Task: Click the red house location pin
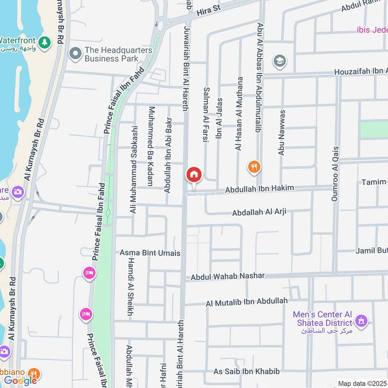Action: [x=194, y=175]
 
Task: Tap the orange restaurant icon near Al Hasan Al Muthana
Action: [x=254, y=168]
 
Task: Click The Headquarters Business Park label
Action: [x=118, y=54]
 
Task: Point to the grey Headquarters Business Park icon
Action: [x=75, y=54]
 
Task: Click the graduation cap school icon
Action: [x=280, y=61]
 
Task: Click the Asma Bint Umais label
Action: [x=150, y=253]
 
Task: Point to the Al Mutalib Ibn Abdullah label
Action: [x=246, y=302]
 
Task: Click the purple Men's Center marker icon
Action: [x=361, y=321]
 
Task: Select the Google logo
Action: [x=21, y=380]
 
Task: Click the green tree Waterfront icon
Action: [x=44, y=43]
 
